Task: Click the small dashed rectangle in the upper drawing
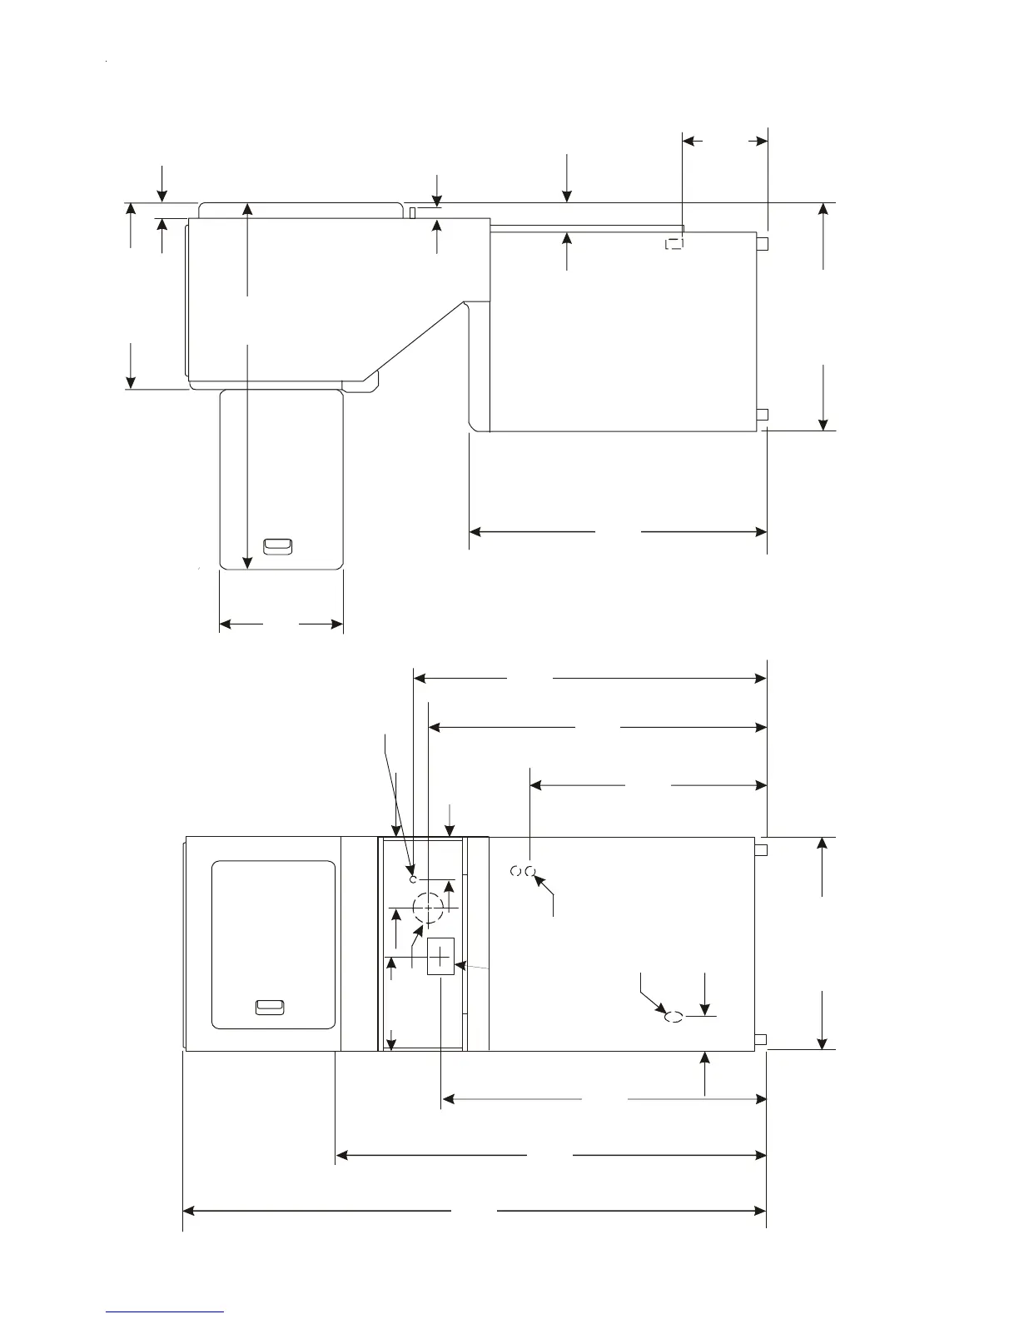click(674, 244)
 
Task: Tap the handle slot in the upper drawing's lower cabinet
click(277, 546)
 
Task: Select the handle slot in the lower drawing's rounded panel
click(269, 1008)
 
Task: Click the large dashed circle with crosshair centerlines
click(429, 907)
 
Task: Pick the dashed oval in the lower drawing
click(674, 1016)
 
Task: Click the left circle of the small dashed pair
click(515, 871)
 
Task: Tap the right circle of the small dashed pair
click(529, 871)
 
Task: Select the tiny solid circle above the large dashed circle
click(413, 879)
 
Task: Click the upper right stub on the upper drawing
click(761, 244)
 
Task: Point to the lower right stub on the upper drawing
click(761, 415)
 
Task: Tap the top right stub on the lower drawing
click(761, 849)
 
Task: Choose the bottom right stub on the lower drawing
click(761, 1038)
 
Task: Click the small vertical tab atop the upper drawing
click(413, 212)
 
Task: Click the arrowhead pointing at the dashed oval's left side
click(661, 1011)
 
